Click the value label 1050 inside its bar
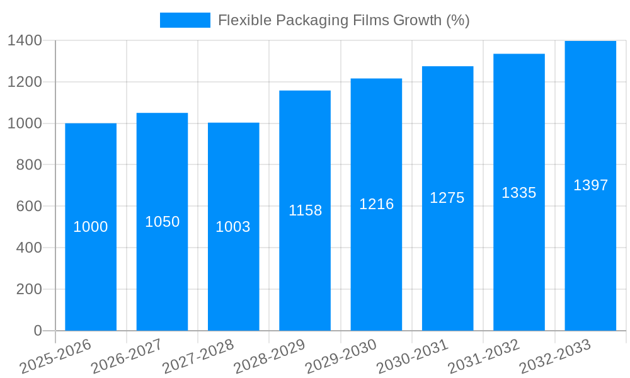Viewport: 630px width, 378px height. pos(163,222)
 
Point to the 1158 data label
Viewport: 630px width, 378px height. pos(305,210)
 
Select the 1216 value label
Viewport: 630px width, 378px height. pos(376,204)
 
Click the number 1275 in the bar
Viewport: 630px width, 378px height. pos(447,198)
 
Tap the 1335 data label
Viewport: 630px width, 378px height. pos(518,193)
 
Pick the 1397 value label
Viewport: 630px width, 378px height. pos(590,185)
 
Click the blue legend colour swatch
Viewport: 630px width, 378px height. pos(185,20)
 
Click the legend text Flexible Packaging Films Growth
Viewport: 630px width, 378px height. pos(343,20)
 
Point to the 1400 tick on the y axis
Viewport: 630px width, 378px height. pos(25,41)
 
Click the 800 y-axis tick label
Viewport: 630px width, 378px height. pos(29,165)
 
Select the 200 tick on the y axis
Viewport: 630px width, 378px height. pos(29,289)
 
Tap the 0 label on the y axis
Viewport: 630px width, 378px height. pos(38,331)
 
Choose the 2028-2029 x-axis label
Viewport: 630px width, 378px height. pos(270,356)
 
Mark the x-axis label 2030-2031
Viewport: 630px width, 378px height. pos(413,356)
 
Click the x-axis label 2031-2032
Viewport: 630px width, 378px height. pos(484,356)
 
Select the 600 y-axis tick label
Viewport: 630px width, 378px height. pos(29,207)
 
